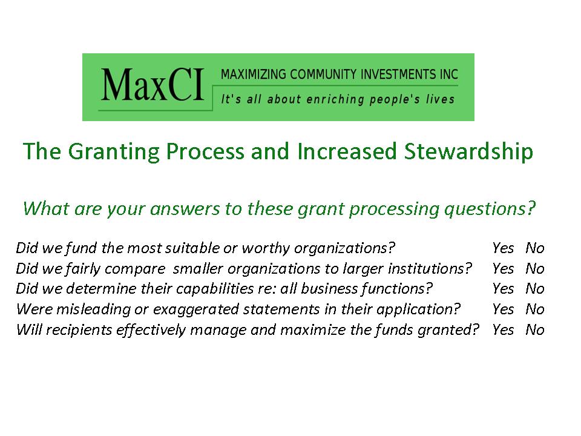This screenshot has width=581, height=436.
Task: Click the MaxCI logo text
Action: tap(153, 85)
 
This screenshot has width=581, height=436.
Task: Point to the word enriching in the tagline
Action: tap(335, 99)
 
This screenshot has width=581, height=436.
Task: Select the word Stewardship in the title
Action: tap(468, 152)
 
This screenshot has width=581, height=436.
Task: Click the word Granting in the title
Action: tap(114, 152)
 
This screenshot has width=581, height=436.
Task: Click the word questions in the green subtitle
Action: tap(490, 210)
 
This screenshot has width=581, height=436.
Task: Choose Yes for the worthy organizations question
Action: tap(503, 248)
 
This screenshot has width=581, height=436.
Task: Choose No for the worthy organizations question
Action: tap(534, 248)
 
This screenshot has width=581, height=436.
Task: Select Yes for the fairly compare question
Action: tap(503, 268)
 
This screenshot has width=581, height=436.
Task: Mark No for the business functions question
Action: tap(534, 288)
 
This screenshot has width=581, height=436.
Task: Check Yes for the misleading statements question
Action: tap(503, 309)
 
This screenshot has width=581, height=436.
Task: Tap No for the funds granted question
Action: tap(534, 329)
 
